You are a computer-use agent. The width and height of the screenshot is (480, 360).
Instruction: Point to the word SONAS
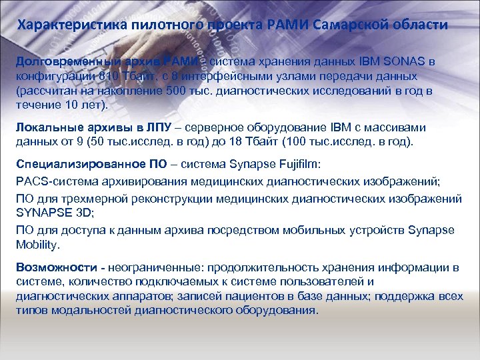click(409, 61)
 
